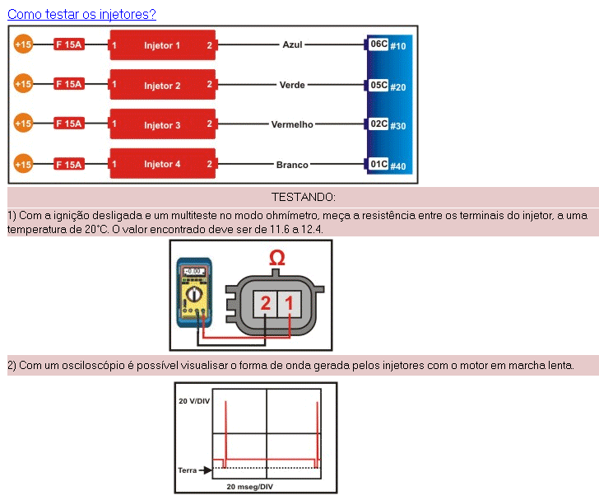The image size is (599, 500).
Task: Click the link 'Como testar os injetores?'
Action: click(81, 14)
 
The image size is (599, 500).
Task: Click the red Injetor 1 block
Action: click(162, 45)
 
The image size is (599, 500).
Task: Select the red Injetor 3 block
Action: click(162, 125)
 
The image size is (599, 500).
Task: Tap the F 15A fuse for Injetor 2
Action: click(68, 84)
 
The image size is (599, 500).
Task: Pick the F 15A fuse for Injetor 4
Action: click(68, 165)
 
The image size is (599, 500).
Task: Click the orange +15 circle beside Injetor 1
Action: click(23, 45)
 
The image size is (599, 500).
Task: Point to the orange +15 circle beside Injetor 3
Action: click(23, 124)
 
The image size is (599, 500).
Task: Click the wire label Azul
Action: click(293, 45)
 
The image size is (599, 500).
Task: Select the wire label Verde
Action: click(292, 85)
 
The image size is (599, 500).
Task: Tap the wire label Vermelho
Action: click(292, 125)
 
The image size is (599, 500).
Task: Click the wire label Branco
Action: click(292, 165)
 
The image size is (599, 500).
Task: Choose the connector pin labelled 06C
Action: click(378, 44)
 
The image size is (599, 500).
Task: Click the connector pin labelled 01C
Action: click(378, 164)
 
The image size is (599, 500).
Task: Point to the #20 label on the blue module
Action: click(398, 86)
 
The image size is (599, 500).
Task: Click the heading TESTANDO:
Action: click(303, 197)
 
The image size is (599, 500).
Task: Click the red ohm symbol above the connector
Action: click(277, 260)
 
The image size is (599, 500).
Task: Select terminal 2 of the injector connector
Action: click(265, 304)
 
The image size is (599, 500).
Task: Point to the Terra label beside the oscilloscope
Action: click(188, 470)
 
